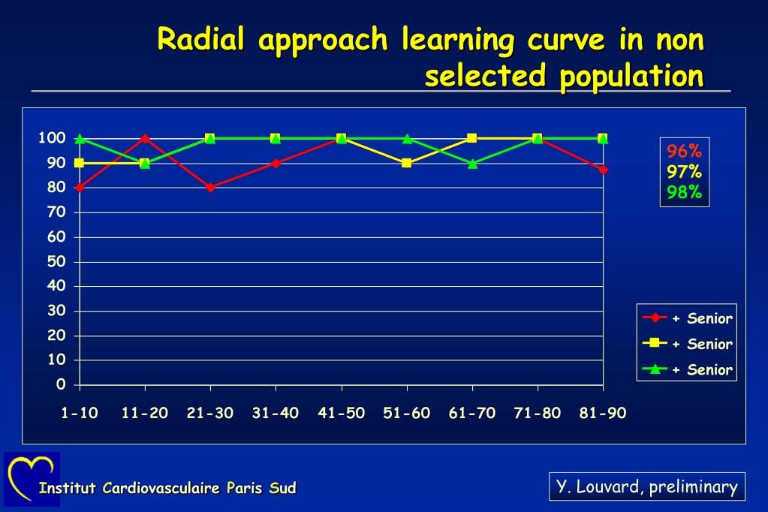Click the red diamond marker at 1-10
[80, 188]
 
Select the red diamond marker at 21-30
[210, 188]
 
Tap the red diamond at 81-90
[603, 170]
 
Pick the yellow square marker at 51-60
[407, 163]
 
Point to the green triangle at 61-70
[472, 163]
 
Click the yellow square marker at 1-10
[80, 163]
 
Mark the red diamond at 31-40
[276, 163]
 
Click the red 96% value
[684, 151]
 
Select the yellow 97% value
[684, 172]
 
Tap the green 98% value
[684, 192]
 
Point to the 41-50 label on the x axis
[341, 413]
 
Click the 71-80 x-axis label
[537, 413]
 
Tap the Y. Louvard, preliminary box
[646, 486]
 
